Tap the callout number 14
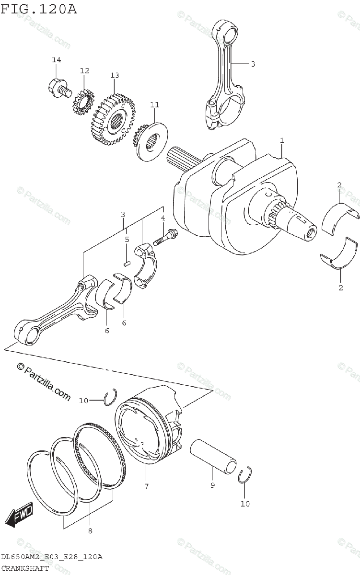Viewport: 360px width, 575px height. pos(57,60)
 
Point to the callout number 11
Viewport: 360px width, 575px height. pos(154,104)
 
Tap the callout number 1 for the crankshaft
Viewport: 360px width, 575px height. pos(282,140)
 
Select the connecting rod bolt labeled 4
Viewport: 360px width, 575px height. pos(164,238)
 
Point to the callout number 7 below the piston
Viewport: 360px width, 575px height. pos(146,486)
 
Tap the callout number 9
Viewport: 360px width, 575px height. pos(212,485)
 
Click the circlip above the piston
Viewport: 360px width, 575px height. pos(111,396)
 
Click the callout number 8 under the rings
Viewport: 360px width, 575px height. pos(90,530)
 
